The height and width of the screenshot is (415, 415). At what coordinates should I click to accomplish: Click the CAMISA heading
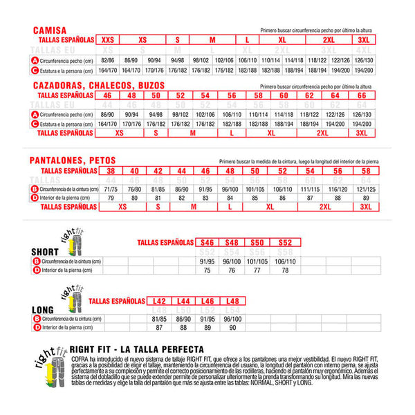coord(48,30)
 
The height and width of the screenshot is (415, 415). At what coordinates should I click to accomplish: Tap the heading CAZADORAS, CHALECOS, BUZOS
coord(91,84)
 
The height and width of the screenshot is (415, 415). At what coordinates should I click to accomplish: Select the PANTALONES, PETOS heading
coord(73,160)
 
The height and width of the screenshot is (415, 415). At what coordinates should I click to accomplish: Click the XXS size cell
coord(108,40)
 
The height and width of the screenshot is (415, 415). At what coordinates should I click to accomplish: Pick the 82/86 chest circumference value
coord(108,61)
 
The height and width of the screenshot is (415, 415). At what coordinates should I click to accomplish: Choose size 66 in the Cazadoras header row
coord(362,94)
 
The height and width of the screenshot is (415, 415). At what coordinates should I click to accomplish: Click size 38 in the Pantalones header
coord(110,170)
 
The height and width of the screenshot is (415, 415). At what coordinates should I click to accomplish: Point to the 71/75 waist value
coord(110,188)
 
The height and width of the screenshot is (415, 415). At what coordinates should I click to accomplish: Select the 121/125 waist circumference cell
coord(362,188)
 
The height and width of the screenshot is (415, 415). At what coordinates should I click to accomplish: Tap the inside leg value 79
coord(110,198)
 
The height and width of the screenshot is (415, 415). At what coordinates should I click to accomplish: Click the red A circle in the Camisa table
coord(35,61)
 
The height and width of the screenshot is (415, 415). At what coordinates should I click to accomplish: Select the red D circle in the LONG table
coord(35,328)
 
